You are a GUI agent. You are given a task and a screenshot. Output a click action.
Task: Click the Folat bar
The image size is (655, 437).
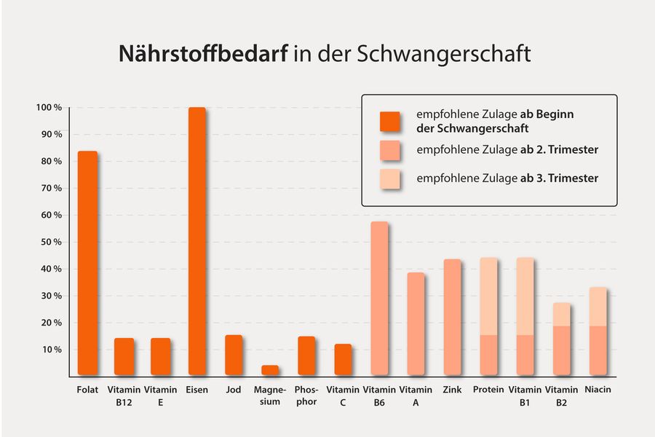coord(87,263)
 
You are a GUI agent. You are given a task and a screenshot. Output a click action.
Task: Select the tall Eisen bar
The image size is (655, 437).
coord(197,241)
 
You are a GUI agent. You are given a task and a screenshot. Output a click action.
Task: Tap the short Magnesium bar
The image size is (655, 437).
coord(270,370)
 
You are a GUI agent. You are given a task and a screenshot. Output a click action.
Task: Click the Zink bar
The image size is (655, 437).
coord(452,317)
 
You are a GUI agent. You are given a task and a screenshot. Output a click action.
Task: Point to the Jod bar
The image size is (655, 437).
coord(234,355)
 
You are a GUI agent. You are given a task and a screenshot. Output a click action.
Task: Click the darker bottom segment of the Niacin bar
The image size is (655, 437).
coord(598,350)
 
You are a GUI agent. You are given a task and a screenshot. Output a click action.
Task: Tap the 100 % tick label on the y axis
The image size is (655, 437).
coord(49,108)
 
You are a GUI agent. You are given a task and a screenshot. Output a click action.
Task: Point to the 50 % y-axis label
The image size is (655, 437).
coord(51,242)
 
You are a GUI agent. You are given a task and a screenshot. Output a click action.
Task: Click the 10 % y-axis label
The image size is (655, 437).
coord(51,350)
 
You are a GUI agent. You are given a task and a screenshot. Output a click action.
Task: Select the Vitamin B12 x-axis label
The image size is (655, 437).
coord(124,395)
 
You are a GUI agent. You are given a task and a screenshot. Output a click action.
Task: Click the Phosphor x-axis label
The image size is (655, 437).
coord(306,395)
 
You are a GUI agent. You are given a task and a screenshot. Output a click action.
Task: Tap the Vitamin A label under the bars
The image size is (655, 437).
coord(416,395)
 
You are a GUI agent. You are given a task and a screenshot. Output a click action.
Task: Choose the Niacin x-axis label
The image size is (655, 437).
coord(598,390)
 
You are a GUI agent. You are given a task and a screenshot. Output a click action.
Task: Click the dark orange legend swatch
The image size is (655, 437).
coord(390,121)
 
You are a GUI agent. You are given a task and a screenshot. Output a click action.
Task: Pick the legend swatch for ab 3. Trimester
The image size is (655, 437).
coord(390,178)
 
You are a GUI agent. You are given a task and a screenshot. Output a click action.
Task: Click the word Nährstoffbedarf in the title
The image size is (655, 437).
coord(203,55)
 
